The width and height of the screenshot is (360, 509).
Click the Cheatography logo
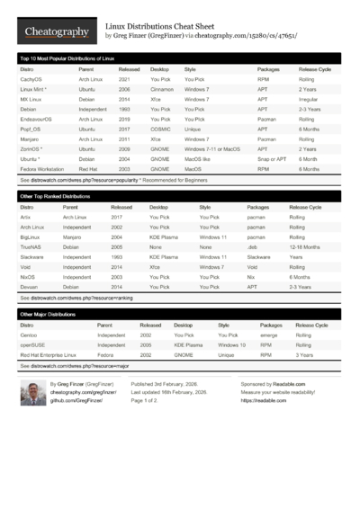[x=56, y=31]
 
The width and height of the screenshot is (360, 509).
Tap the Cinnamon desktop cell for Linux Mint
[x=163, y=90]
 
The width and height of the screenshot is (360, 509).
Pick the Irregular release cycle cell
[x=310, y=100]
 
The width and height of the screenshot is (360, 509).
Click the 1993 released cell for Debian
[x=123, y=110]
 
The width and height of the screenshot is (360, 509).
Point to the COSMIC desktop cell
[x=161, y=129]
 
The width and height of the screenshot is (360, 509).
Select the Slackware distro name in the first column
[x=34, y=256]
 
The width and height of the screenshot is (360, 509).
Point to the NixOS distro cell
[x=30, y=276]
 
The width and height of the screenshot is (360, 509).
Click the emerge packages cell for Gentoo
[x=268, y=335]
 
